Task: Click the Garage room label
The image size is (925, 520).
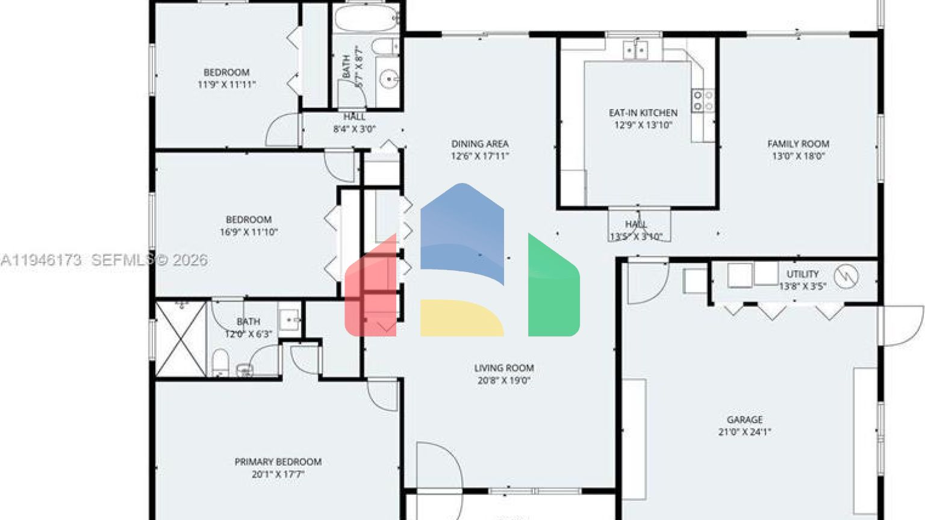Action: tap(744, 419)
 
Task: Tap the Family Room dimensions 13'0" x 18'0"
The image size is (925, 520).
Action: tap(798, 156)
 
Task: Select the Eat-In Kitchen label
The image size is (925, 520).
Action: tap(643, 113)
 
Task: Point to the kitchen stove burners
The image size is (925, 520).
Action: tap(703, 101)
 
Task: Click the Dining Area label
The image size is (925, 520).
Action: tap(480, 143)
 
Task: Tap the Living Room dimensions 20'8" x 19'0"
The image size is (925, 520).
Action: tap(503, 380)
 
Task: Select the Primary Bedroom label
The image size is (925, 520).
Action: tap(278, 462)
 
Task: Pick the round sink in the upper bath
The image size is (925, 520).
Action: tap(390, 78)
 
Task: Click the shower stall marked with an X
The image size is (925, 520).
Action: tap(181, 339)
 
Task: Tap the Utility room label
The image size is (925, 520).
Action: tap(802, 274)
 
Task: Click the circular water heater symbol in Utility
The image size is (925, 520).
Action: tap(846, 276)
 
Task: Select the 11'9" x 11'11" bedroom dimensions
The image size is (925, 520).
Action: tap(226, 85)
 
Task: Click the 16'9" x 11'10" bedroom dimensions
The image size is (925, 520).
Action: tap(249, 232)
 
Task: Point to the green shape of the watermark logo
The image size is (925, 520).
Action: tap(553, 289)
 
